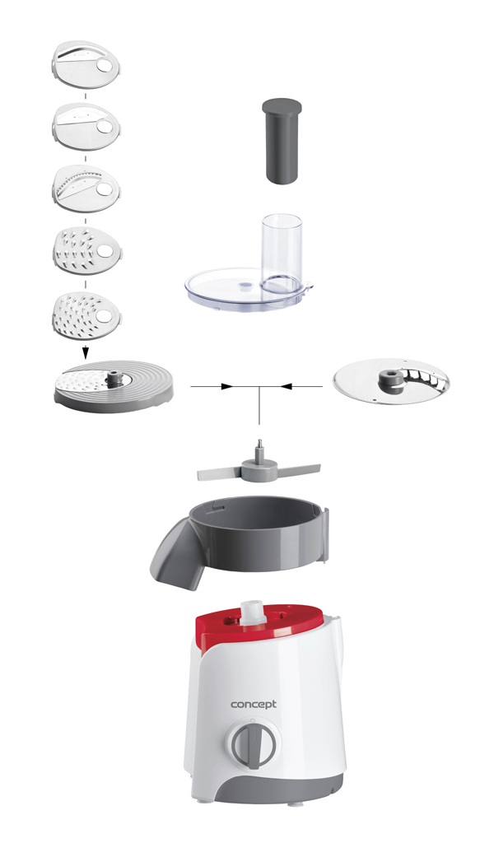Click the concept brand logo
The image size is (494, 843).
(254, 705)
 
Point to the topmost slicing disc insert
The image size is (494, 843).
(86, 66)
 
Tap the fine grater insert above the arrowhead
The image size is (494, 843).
(86, 316)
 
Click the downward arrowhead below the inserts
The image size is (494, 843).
(85, 353)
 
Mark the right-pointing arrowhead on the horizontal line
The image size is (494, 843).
(227, 386)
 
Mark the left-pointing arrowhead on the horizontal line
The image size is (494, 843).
(287, 386)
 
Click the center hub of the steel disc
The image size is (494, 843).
(392, 380)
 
